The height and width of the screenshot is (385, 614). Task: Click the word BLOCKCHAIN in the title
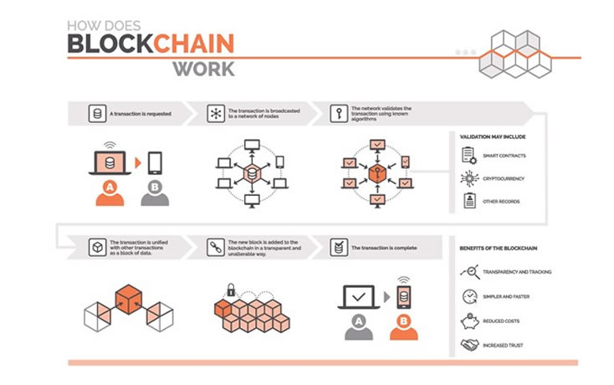click(x=151, y=44)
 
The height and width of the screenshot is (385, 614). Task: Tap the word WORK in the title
click(x=203, y=69)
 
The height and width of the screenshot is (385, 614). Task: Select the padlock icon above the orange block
click(x=231, y=290)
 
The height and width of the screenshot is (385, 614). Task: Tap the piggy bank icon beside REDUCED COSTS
click(x=468, y=321)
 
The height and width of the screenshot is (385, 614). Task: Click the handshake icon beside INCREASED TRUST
click(x=468, y=345)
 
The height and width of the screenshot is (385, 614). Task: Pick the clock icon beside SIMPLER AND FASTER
click(x=468, y=296)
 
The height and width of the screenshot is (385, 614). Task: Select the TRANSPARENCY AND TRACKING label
click(x=517, y=272)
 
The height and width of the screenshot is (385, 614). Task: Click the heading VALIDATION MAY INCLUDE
click(x=493, y=136)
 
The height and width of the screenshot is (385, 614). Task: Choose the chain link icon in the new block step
click(x=215, y=248)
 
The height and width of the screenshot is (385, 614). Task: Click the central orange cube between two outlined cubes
click(x=128, y=299)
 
